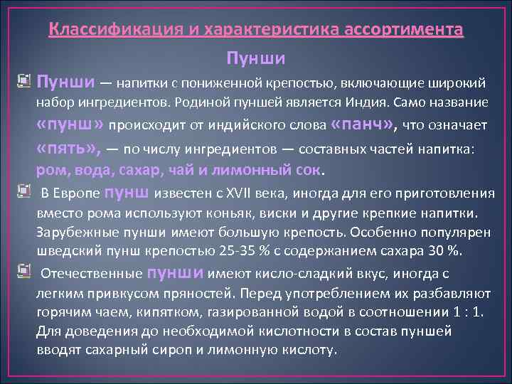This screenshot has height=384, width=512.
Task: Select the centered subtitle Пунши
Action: [256, 57]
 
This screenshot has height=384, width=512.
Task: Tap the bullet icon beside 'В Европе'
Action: [24, 191]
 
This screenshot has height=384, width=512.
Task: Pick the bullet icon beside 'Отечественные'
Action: [24, 271]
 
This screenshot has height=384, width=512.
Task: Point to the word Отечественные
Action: [91, 274]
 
